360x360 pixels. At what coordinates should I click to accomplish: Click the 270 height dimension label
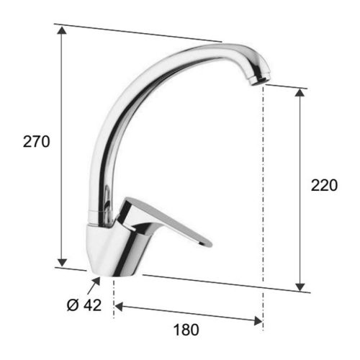pyautogui.click(x=37, y=142)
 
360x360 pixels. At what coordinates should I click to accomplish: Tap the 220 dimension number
pyautogui.click(x=324, y=185)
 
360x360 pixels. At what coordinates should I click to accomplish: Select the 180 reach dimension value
pyautogui.click(x=186, y=330)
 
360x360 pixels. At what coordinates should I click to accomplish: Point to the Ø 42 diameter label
pyautogui.click(x=84, y=305)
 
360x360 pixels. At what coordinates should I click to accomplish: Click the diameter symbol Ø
pyautogui.click(x=73, y=305)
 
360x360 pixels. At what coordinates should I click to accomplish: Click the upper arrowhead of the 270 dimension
pyautogui.click(x=62, y=30)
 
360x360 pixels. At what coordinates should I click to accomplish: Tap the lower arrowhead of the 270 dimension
pyautogui.click(x=62, y=262)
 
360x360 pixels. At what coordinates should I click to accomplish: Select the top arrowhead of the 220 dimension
pyautogui.click(x=300, y=92)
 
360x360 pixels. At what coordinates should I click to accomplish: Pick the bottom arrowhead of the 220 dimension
pyautogui.click(x=300, y=287)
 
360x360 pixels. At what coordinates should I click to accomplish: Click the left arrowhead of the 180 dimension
pyautogui.click(x=119, y=307)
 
